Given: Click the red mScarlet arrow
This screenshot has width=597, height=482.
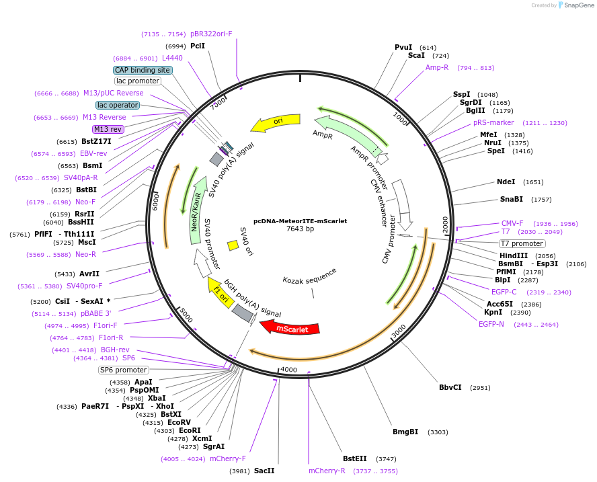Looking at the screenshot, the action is pyautogui.click(x=290, y=327).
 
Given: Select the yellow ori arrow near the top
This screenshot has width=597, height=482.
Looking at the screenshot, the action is pyautogui.click(x=276, y=122).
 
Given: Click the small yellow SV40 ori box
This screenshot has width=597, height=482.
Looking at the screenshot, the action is pyautogui.click(x=233, y=245).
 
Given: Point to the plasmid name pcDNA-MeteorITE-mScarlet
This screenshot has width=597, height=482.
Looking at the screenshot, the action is pyautogui.click(x=300, y=220).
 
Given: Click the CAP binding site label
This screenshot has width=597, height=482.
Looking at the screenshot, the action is pyautogui.click(x=143, y=70).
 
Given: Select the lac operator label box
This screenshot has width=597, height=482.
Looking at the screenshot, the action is pyautogui.click(x=118, y=105).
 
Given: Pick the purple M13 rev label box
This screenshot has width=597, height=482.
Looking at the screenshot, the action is pyautogui.click(x=108, y=129).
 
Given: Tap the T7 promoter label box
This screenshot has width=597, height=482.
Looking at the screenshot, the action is pyautogui.click(x=522, y=243).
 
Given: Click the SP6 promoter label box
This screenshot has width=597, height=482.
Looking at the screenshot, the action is pyautogui.click(x=123, y=370).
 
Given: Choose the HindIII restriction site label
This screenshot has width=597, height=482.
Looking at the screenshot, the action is pyautogui.click(x=513, y=256).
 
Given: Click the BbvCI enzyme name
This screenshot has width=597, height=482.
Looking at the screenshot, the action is pyautogui.click(x=450, y=388).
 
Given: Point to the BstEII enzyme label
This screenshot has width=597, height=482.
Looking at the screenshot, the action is pyautogui.click(x=354, y=458).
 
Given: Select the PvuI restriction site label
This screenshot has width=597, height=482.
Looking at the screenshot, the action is pyautogui.click(x=403, y=47).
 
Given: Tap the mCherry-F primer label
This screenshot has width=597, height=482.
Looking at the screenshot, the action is pyautogui.click(x=228, y=458).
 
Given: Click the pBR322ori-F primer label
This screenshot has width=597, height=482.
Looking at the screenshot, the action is pyautogui.click(x=211, y=34).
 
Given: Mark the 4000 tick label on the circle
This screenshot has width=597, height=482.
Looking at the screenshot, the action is pyautogui.click(x=289, y=370).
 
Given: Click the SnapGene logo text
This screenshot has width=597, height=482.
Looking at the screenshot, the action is pyautogui.click(x=579, y=5).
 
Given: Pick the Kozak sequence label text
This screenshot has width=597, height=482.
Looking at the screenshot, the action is pyautogui.click(x=309, y=276).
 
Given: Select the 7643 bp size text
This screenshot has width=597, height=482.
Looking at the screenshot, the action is pyautogui.click(x=300, y=229).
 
